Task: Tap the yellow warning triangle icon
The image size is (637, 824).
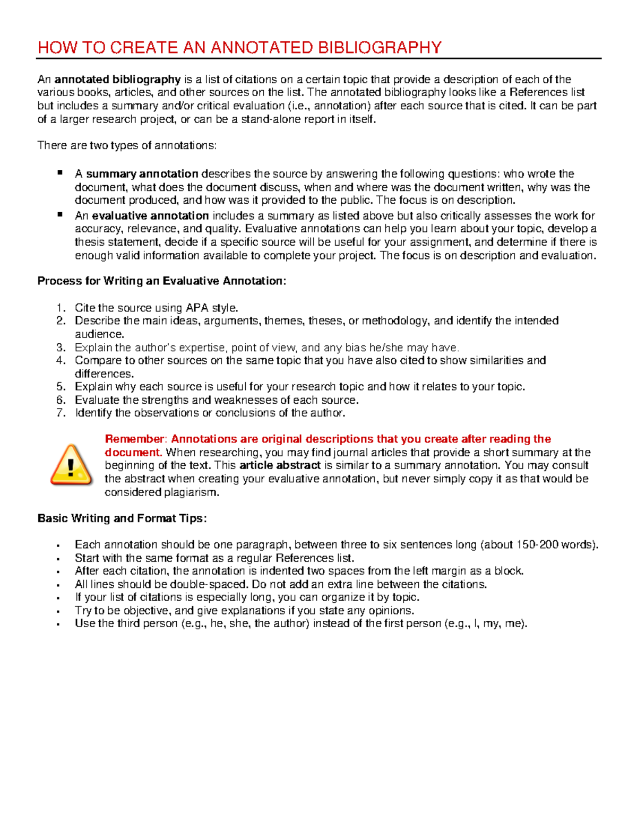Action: [x=71, y=465]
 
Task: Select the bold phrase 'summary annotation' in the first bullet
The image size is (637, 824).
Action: [x=142, y=174]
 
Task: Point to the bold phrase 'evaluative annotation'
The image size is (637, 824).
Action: [x=150, y=216]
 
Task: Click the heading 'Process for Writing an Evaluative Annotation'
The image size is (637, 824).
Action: [x=161, y=281]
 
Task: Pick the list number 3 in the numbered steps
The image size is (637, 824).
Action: [x=61, y=348]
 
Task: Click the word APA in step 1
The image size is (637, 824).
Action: [x=197, y=308]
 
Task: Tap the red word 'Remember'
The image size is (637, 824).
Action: [x=135, y=439]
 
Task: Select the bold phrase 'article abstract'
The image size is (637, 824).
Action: [x=280, y=466]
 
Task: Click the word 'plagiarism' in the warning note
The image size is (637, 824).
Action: [x=192, y=492]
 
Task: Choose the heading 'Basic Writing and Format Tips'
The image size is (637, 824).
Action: [x=122, y=518]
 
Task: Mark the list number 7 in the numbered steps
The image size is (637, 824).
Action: [x=61, y=413]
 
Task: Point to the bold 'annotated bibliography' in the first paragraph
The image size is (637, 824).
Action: [x=117, y=80]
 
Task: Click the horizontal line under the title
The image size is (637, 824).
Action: [x=318, y=58]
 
